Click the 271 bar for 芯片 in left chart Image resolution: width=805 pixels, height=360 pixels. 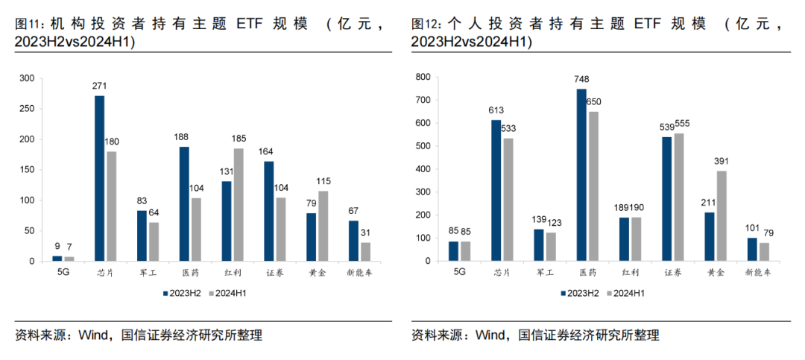[99, 178]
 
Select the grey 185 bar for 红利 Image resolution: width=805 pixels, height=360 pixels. [239, 204]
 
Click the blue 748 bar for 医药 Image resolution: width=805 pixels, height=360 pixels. [581, 174]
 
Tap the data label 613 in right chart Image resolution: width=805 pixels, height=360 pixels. [496, 110]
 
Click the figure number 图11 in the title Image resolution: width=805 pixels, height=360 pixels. [27, 24]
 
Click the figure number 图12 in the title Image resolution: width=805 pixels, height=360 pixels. [424, 24]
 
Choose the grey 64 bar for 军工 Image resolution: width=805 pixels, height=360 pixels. [153, 241]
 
